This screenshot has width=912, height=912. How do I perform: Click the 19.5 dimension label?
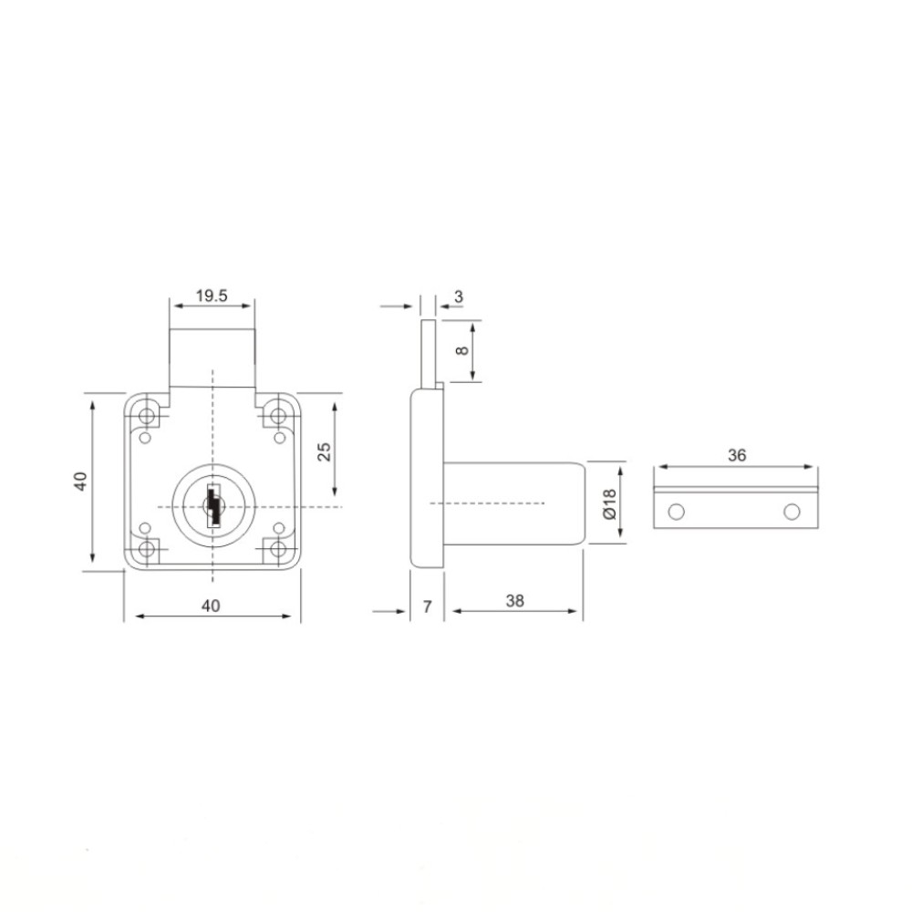[212, 296]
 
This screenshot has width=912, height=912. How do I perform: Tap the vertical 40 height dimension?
[80, 481]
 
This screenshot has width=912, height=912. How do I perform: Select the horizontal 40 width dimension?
[211, 606]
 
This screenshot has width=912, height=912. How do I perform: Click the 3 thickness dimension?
[459, 296]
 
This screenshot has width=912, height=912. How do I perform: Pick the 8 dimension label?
[461, 350]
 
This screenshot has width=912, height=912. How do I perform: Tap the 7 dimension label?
[428, 606]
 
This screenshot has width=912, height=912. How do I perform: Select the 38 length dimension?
[514, 601]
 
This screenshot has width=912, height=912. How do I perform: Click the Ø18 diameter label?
[609, 503]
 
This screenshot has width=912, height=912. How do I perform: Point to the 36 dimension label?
[737, 455]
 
